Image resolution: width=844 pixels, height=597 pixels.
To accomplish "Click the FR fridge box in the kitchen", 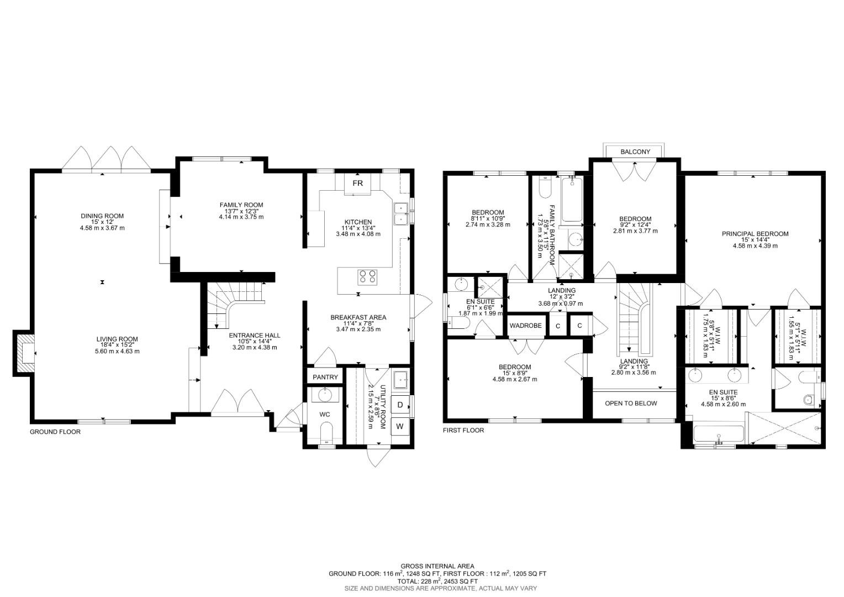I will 357,184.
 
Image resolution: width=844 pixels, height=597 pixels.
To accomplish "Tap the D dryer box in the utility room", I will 400,405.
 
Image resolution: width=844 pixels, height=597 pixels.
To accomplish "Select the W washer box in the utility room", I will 400,426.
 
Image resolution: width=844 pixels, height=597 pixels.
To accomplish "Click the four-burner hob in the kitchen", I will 367,276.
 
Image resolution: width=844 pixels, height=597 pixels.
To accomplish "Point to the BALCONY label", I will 635,151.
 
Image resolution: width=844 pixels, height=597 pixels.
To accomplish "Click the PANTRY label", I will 325,377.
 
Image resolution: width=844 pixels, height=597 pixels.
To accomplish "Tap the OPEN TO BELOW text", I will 631,403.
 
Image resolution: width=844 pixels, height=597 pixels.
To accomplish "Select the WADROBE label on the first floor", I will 525,326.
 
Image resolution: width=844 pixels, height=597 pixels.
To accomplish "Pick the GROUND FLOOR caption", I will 55,432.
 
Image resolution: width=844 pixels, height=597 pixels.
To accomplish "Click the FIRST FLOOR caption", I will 463,430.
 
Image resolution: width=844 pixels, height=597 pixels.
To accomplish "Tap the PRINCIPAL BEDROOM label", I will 755,234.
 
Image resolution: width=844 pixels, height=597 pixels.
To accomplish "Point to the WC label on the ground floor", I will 324,414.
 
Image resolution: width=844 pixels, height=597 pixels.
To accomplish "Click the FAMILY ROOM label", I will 241,205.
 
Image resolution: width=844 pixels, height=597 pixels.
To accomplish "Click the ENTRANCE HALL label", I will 254,336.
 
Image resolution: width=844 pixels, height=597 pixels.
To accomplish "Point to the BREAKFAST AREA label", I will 358,317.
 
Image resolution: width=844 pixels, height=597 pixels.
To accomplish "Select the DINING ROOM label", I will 102,216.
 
